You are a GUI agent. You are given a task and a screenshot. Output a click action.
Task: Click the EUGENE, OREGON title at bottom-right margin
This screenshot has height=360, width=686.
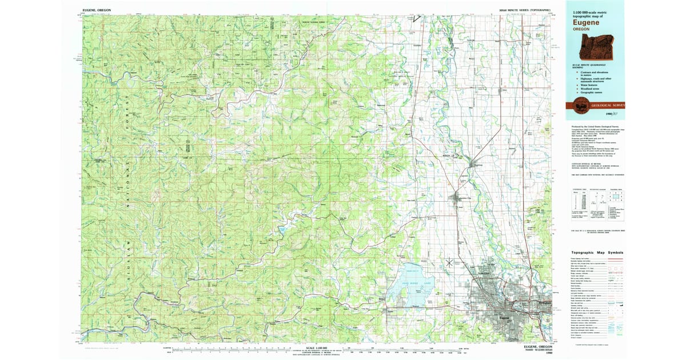click(x=538, y=346)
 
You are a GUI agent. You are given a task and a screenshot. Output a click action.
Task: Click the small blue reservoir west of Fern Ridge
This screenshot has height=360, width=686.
click(x=282, y=229)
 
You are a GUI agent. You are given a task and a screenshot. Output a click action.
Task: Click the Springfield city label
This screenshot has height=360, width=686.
click(x=544, y=302)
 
